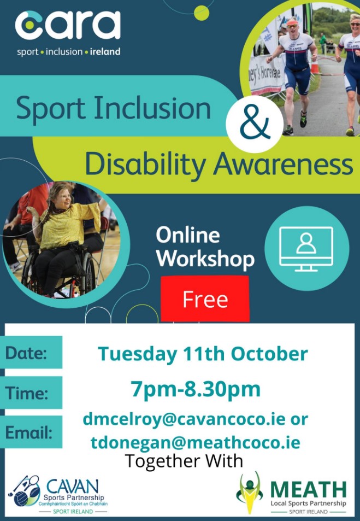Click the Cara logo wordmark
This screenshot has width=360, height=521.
[x=68, y=25]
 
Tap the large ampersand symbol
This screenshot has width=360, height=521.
[x=255, y=124]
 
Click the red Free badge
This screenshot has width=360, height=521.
[x=205, y=298]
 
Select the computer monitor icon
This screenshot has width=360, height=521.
[x=306, y=249]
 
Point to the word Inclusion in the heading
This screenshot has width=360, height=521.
[x=152, y=108]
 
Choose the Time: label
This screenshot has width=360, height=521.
[x=27, y=393]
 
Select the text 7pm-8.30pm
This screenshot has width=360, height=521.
[x=196, y=390]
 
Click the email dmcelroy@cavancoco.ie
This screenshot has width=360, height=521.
[x=184, y=419]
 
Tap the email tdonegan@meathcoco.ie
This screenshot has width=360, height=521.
[x=195, y=443]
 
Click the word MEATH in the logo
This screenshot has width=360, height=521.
[x=308, y=489]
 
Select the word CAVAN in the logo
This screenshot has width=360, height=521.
[x=73, y=487]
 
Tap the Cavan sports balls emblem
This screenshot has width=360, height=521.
[x=24, y=490]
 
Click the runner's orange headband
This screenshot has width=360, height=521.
[x=292, y=22]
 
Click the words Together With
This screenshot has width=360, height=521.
[x=184, y=461]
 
